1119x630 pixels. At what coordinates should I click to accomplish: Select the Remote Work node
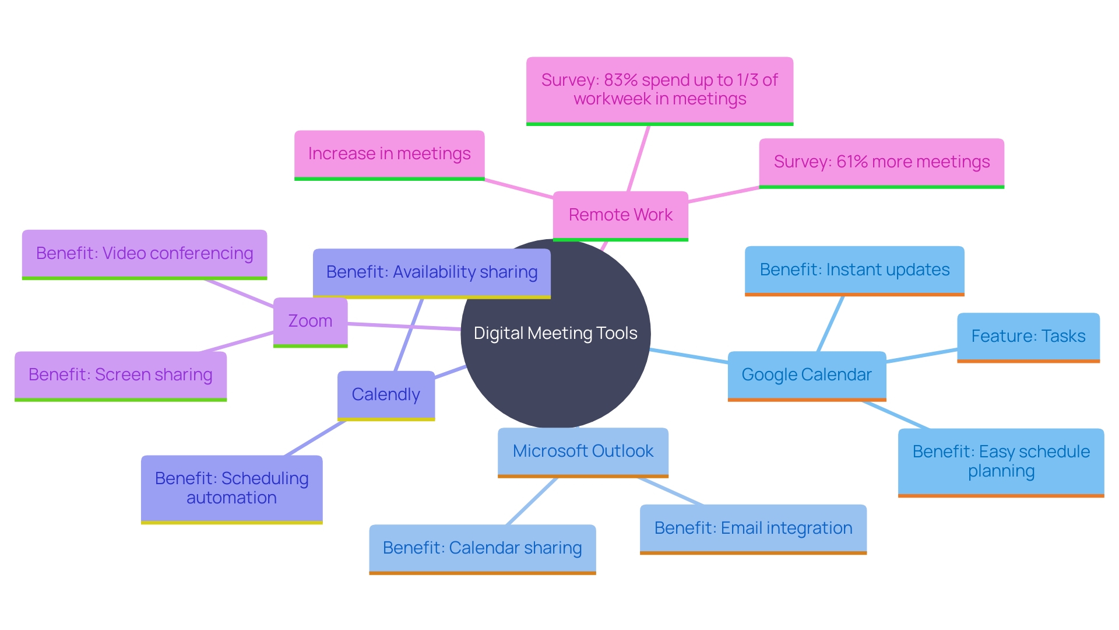pyautogui.click(x=620, y=215)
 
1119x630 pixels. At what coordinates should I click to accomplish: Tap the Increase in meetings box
pyautogui.click(x=389, y=154)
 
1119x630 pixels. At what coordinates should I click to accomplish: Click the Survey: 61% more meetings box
pyautogui.click(x=881, y=162)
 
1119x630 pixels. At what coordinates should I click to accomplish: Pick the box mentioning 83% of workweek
pyautogui.click(x=659, y=90)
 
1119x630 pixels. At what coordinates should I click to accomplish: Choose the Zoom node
pyautogui.click(x=310, y=321)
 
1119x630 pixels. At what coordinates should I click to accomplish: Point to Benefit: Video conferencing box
pyautogui.click(x=145, y=254)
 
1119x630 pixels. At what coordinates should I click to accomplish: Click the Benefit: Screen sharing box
pyautogui.click(x=121, y=375)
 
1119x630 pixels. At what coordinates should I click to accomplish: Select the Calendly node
pyautogui.click(x=386, y=395)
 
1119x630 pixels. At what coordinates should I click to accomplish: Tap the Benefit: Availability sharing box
pyautogui.click(x=431, y=272)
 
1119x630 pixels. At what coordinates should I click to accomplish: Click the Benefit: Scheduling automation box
pyautogui.click(x=231, y=488)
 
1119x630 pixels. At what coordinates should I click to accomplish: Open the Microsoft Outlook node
pyautogui.click(x=583, y=452)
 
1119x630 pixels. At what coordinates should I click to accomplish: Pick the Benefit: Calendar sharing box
pyautogui.click(x=482, y=548)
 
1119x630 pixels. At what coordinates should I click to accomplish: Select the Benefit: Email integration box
pyautogui.click(x=753, y=528)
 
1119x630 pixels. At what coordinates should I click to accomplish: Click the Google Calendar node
pyautogui.click(x=807, y=375)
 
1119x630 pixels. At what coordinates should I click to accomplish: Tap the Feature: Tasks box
pyautogui.click(x=1028, y=337)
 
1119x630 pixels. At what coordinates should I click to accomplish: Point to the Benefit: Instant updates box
pyautogui.click(x=854, y=270)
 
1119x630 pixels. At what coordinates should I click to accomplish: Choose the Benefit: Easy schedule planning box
pyautogui.click(x=1001, y=461)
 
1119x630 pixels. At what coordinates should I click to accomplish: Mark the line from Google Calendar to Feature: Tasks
pyautogui.click(x=921, y=356)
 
